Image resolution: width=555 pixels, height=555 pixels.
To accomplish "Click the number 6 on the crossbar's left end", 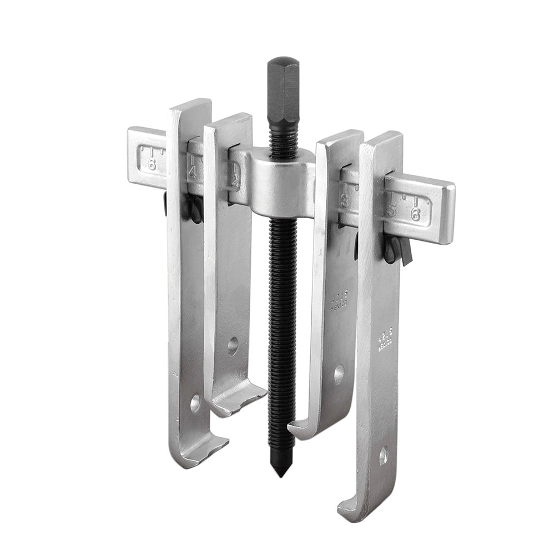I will click(152, 164).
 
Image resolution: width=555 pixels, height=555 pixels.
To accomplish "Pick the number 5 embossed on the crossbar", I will click(391, 210).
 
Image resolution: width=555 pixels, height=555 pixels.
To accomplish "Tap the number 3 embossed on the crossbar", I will click(345, 200).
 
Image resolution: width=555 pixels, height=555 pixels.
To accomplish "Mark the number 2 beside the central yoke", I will click(236, 180).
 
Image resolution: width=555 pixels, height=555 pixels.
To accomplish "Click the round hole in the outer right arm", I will click(384, 456).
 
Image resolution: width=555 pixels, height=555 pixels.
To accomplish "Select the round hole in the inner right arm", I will click(339, 374).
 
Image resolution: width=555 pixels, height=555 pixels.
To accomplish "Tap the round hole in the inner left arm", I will click(233, 346).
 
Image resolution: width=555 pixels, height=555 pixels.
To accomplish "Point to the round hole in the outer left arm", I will click(195, 403).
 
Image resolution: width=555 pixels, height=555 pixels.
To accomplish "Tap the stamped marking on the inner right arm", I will click(339, 300).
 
